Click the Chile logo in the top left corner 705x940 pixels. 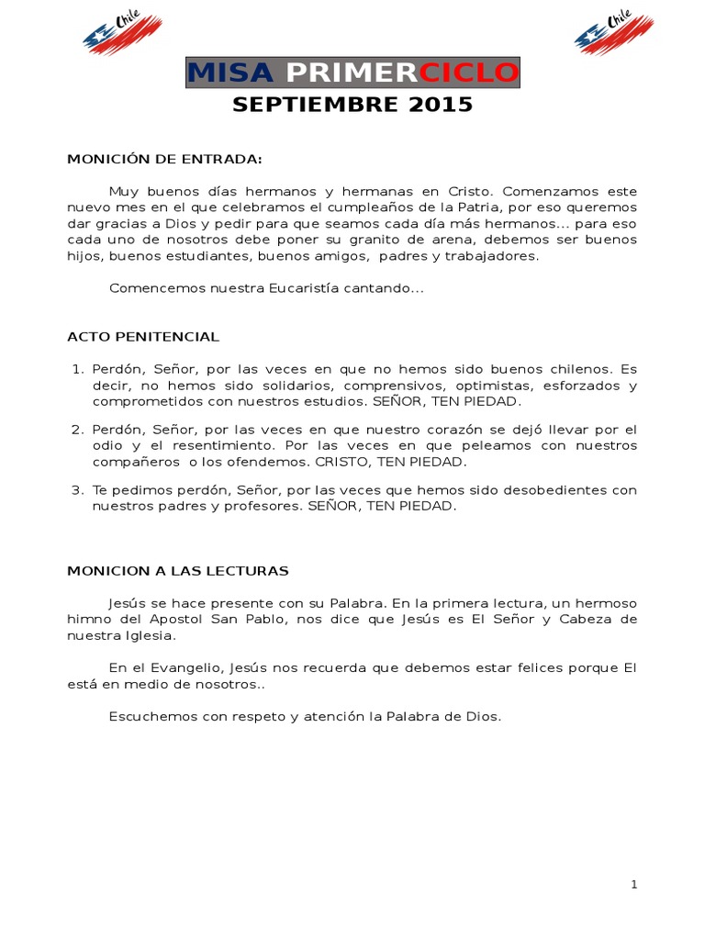[x=121, y=32]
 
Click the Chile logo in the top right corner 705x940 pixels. [x=614, y=32]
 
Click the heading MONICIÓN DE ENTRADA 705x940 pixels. [x=164, y=159]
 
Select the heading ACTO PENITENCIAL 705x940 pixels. [x=143, y=337]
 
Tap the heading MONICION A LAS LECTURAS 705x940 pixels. [x=178, y=571]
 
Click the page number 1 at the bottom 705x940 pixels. [x=633, y=884]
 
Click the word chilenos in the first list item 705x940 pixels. [x=567, y=369]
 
